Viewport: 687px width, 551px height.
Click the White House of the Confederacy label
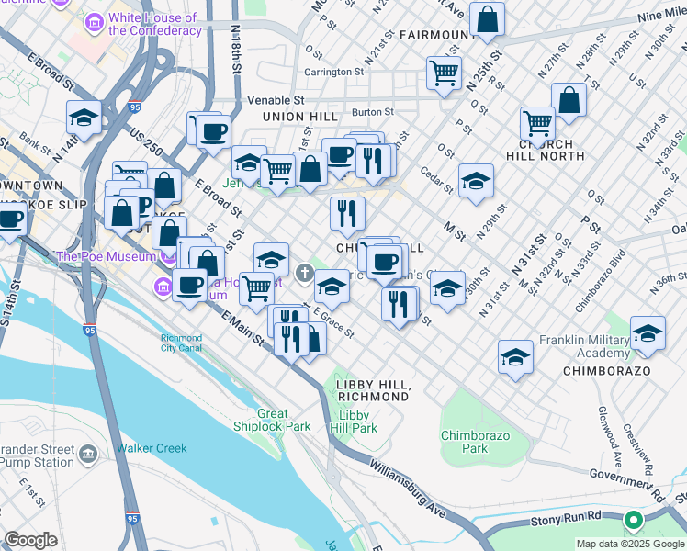[x=153, y=24]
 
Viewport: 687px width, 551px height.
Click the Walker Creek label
[x=151, y=448]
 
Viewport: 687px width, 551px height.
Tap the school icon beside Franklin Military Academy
[x=648, y=335]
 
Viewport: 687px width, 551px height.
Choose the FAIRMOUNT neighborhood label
[x=437, y=36]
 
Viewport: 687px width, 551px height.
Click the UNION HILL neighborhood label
[x=295, y=118]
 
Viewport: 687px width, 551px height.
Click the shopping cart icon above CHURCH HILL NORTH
[x=537, y=123]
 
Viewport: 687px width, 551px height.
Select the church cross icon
[x=306, y=270]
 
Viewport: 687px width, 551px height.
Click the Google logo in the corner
[x=30, y=540]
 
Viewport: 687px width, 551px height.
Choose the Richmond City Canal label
[x=182, y=343]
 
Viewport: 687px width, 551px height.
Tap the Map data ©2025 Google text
[x=630, y=544]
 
